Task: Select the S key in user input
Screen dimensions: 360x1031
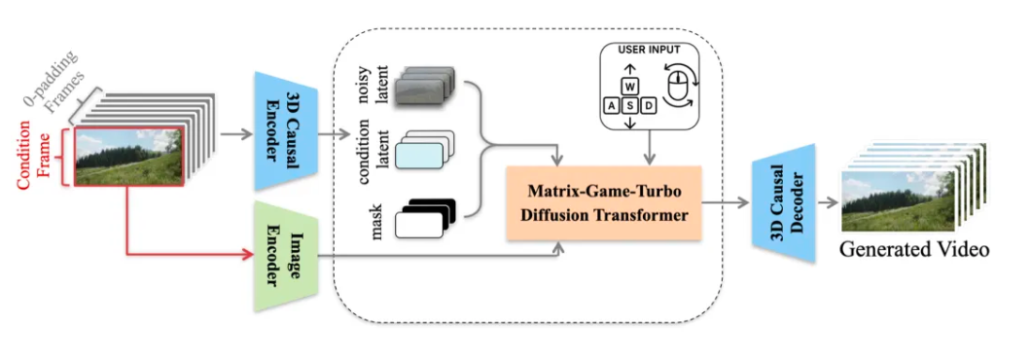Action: [630, 104]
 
